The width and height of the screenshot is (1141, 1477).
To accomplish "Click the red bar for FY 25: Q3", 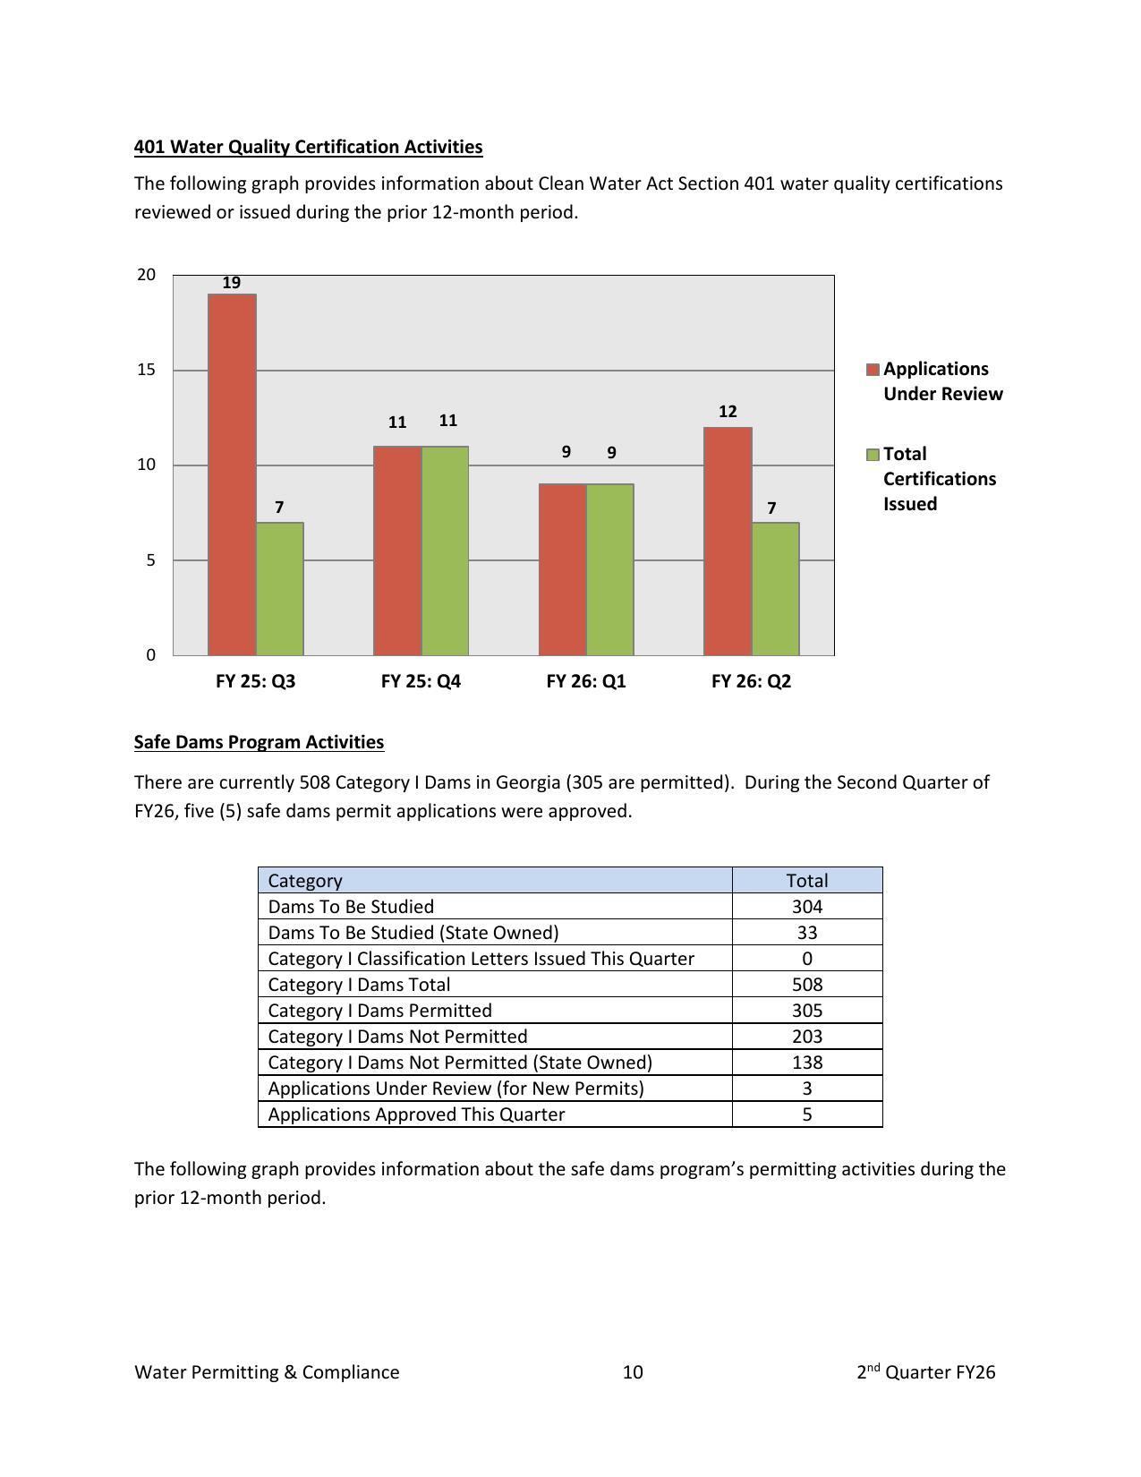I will click(x=232, y=474).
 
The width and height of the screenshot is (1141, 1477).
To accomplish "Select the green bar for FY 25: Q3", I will click(x=279, y=588).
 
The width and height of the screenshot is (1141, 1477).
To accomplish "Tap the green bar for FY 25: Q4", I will click(x=445, y=551).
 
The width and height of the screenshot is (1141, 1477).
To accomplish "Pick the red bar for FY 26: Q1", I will click(x=562, y=569).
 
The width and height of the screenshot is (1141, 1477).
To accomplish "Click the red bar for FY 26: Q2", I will click(x=728, y=541).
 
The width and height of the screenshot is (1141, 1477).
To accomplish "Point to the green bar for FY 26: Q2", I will click(x=775, y=588).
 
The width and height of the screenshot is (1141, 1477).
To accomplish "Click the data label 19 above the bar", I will click(x=232, y=283).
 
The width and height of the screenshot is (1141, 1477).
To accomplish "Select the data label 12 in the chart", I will click(x=728, y=412).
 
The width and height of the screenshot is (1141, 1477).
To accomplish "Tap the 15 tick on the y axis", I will click(x=147, y=370).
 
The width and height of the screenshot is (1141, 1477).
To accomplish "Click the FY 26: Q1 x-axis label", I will click(x=586, y=681).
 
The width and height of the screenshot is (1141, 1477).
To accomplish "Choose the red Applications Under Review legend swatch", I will click(x=873, y=371).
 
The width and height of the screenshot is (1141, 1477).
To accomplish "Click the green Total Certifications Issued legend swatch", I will click(x=873, y=456).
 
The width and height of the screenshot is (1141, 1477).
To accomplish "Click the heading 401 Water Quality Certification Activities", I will click(x=308, y=147).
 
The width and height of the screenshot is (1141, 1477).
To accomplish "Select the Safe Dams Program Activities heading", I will click(x=259, y=742).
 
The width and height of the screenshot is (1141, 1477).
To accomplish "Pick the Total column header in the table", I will click(x=806, y=880).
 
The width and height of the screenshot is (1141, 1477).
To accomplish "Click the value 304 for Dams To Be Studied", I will click(x=806, y=906).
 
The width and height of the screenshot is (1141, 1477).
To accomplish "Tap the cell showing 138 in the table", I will click(x=806, y=1062).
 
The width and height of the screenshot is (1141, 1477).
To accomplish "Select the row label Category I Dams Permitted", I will click(x=379, y=1010).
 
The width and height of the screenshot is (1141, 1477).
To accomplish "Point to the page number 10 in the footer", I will click(x=633, y=1372).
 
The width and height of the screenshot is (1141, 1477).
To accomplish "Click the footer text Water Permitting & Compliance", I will click(x=267, y=1372).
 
